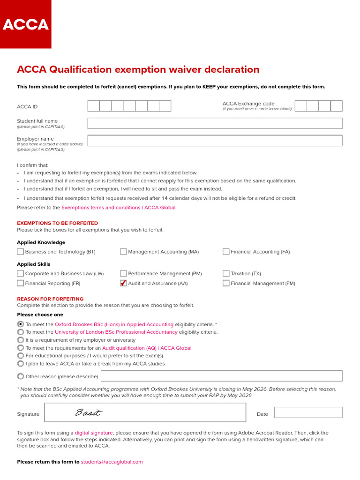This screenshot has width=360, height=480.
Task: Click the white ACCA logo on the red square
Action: (25, 24)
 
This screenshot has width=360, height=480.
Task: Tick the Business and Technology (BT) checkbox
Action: (21, 252)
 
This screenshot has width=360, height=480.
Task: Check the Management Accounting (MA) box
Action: (123, 252)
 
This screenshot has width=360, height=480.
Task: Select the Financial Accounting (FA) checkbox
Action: (226, 252)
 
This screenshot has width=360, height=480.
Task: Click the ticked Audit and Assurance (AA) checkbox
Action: (123, 283)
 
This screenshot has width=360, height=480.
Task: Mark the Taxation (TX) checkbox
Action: (226, 273)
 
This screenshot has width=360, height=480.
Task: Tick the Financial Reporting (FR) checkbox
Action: (21, 283)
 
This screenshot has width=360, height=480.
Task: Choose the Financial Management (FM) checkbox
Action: (226, 283)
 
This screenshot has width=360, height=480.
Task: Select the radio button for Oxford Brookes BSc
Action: (21, 324)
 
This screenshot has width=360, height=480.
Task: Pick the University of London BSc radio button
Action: (21, 332)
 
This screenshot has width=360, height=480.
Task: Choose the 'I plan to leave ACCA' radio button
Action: (21, 363)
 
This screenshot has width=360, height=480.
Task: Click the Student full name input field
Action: (215, 123)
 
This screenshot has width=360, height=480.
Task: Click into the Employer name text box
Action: (215, 141)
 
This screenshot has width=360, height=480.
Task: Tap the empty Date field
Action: (308, 412)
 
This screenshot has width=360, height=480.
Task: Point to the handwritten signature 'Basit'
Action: (88, 413)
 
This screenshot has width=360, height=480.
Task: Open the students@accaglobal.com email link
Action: (112, 462)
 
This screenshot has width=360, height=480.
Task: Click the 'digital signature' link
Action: (94, 433)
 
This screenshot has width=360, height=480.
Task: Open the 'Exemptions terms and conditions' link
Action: (118, 207)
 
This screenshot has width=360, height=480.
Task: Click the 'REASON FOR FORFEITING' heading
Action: (50, 299)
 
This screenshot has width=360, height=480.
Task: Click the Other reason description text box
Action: (221, 376)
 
